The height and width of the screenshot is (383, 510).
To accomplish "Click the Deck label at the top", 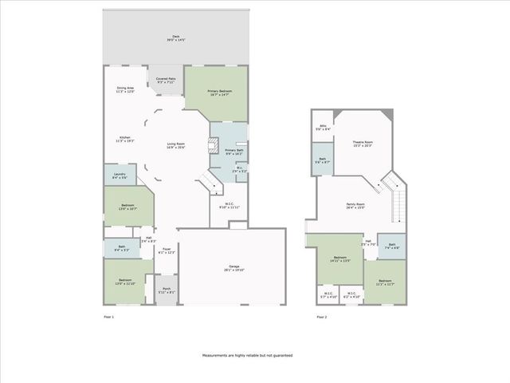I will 176,38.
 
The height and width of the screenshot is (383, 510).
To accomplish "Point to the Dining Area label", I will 125,89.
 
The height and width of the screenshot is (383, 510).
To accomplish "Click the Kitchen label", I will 125,140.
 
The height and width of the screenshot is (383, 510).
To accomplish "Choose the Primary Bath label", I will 233,152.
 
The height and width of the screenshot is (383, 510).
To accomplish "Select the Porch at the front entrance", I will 167,290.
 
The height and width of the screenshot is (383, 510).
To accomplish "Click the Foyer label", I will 167,251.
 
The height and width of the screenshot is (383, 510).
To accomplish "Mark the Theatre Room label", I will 363,144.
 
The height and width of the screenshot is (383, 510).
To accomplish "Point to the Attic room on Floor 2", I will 324,127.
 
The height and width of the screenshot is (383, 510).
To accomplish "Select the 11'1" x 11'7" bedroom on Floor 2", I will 386,282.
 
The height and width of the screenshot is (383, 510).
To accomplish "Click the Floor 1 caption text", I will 109,318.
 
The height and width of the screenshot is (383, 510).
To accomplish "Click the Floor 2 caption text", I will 321,318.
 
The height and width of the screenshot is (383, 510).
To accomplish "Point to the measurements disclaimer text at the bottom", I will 247,355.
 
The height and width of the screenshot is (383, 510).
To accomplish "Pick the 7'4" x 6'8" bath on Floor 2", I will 391,247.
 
